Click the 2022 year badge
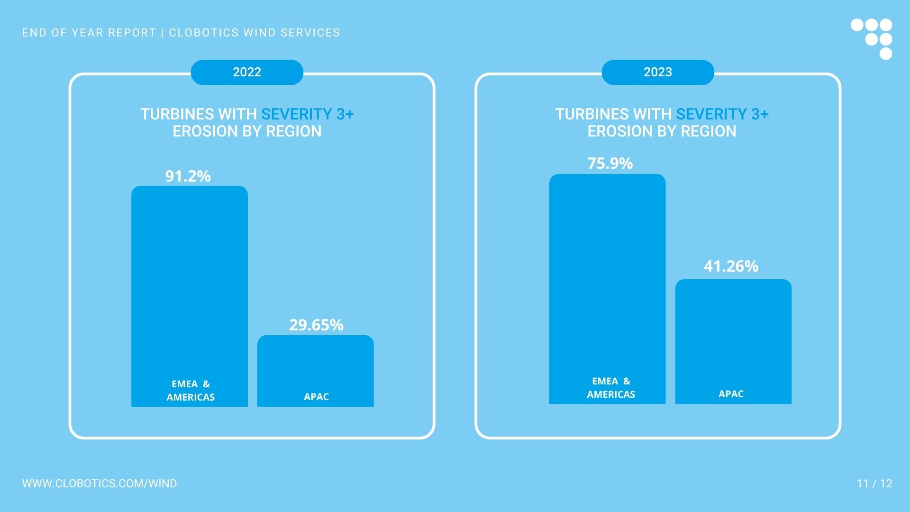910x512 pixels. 247,72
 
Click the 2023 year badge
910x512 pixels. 657,72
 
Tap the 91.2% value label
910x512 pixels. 188,176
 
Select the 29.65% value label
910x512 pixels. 316,325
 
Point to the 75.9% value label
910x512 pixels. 610,164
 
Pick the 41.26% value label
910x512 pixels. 731,266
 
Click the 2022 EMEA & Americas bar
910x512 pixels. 190,284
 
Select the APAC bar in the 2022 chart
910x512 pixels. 316,365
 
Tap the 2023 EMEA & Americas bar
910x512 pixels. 607,275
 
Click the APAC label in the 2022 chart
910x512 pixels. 316,397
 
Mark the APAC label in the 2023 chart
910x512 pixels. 731,394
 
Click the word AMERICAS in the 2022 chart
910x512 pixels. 191,397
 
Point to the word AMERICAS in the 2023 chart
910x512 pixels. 611,394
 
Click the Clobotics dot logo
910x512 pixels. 873,38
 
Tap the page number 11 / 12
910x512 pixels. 874,484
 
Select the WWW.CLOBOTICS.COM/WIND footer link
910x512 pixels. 100,484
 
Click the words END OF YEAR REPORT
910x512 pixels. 89,33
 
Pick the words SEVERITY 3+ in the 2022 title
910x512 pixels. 307,114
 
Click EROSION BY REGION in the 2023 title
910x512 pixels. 662,131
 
